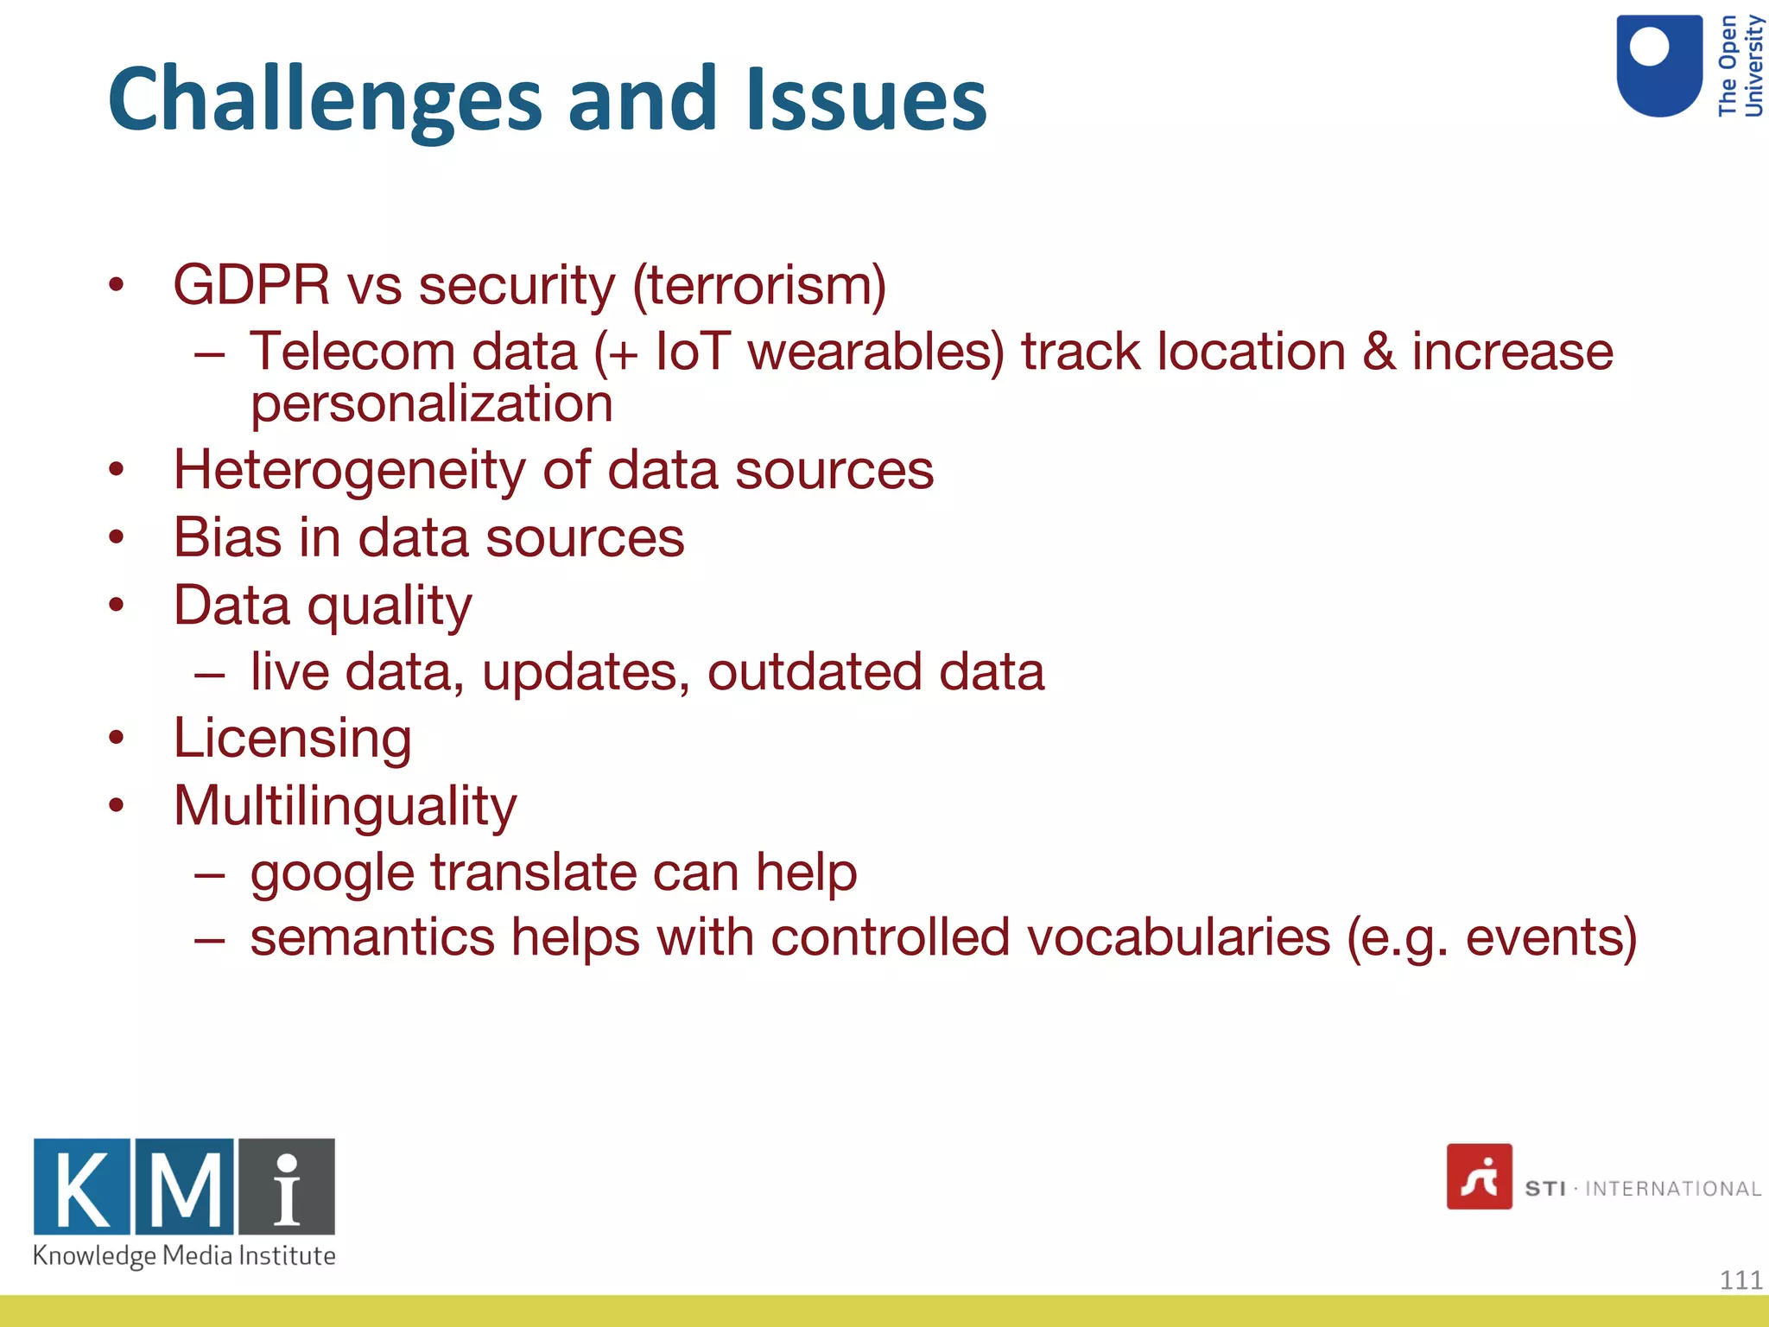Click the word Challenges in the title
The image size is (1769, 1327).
324,101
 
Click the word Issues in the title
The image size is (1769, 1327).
865,101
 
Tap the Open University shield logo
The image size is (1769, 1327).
1658,67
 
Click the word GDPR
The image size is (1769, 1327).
251,285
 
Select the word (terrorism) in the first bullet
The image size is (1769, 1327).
759,285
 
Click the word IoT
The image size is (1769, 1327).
693,352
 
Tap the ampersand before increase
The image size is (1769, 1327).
1379,352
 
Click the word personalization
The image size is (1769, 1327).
431,404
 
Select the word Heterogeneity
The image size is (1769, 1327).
349,471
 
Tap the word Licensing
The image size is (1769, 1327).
293,740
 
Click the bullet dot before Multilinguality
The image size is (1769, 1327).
117,806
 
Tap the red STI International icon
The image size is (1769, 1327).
1479,1177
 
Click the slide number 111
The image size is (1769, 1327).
1740,1279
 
